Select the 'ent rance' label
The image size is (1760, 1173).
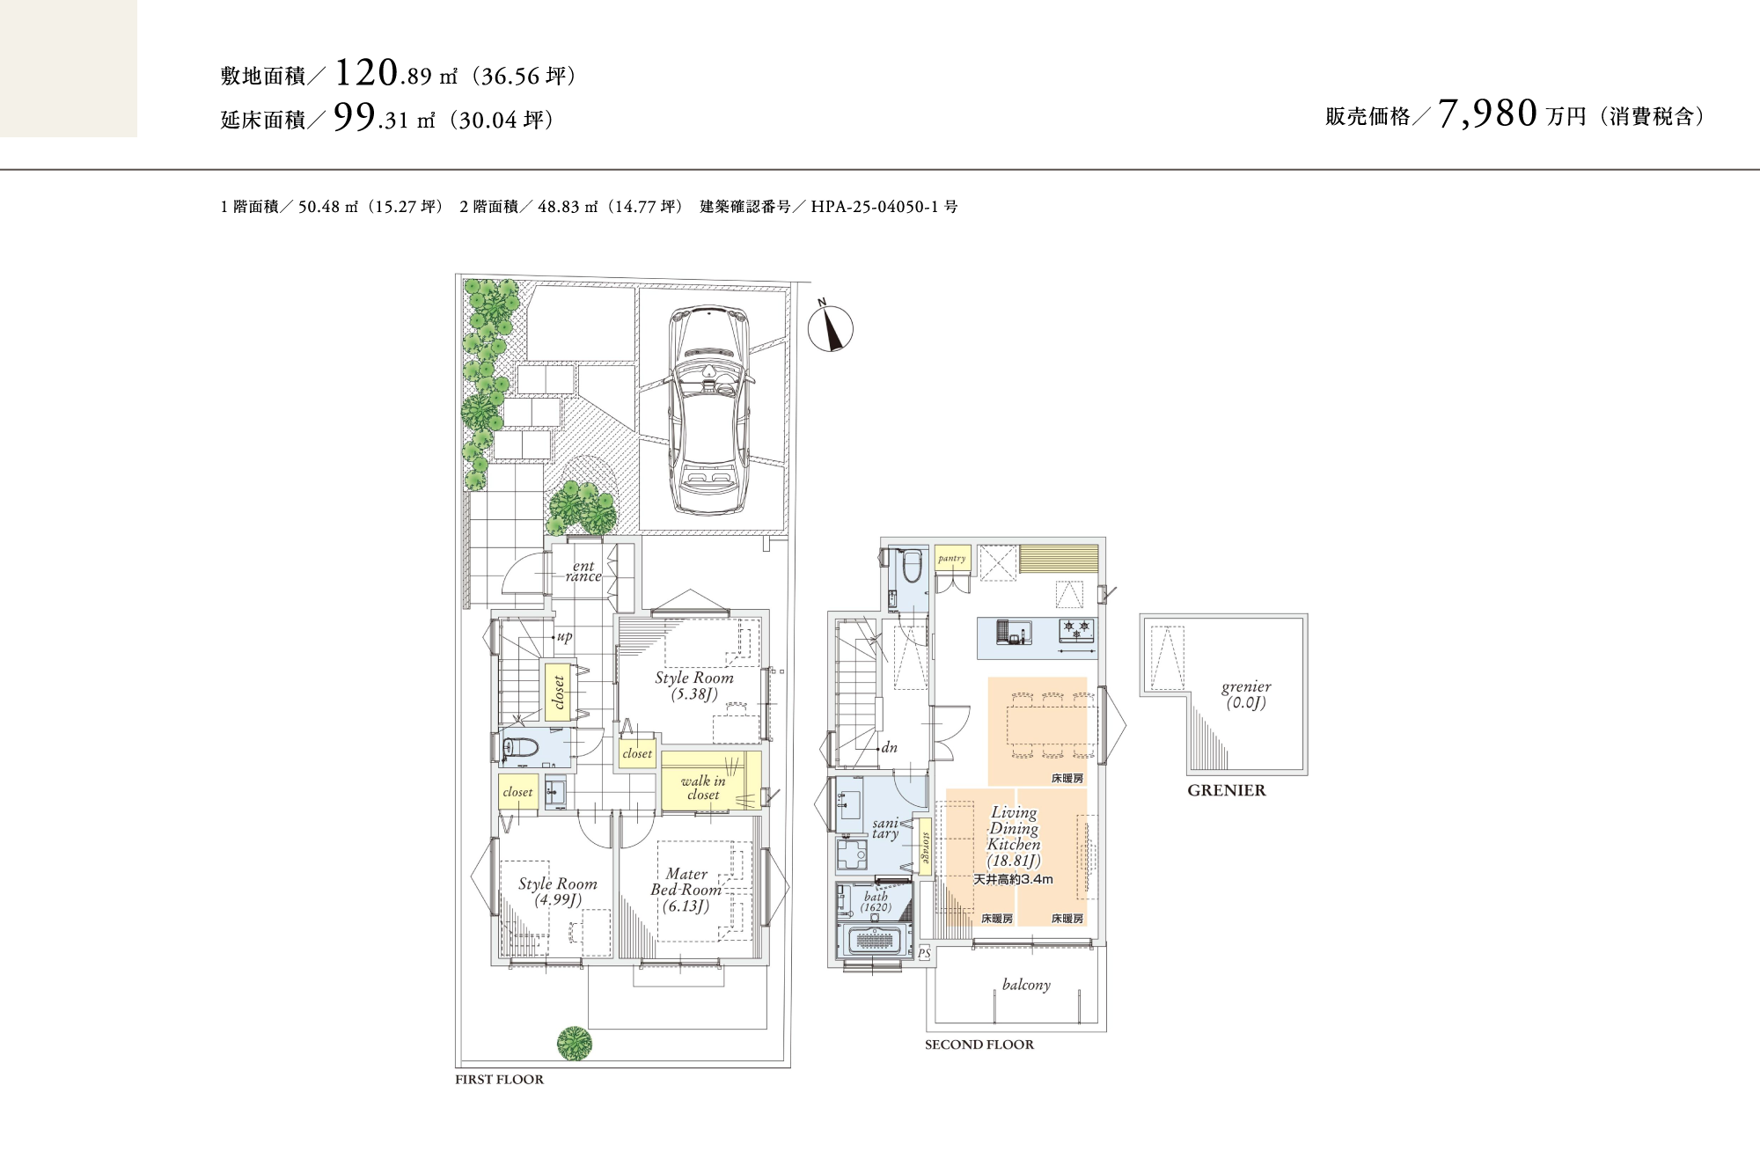click(583, 571)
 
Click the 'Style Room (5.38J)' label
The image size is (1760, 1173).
click(694, 685)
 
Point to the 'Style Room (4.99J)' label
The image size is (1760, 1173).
click(558, 891)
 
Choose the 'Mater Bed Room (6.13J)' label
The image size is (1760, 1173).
click(686, 890)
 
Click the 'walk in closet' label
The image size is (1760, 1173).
click(703, 788)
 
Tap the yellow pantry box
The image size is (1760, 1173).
click(952, 558)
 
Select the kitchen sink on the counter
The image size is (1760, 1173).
click(1014, 633)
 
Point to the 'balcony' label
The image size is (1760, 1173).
click(1026, 985)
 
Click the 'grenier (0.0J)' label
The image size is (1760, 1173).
click(1246, 694)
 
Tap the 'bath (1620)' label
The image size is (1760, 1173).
click(876, 902)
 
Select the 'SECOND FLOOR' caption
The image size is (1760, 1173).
click(979, 1045)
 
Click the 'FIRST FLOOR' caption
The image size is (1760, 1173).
click(499, 1080)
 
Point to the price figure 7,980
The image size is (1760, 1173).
click(1488, 114)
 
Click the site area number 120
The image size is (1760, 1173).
click(367, 73)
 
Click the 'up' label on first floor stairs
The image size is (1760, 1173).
click(564, 636)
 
